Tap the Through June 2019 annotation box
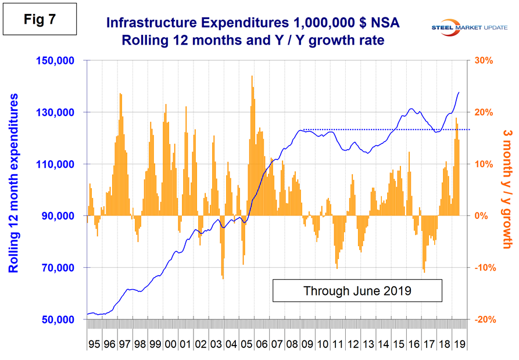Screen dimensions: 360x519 click(x=357, y=290)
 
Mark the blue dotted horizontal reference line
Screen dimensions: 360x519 click(x=384, y=129)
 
